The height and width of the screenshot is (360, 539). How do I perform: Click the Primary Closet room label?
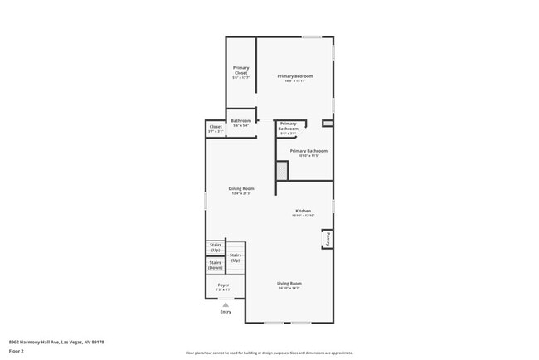(240, 71)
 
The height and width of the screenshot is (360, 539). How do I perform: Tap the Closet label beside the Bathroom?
(216, 127)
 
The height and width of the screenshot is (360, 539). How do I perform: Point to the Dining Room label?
(241, 188)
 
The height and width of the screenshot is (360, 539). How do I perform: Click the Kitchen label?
(303, 211)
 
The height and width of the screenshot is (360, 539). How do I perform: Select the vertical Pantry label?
(328, 238)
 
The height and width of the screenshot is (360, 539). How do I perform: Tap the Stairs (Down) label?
(216, 265)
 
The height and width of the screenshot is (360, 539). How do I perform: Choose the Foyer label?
(224, 285)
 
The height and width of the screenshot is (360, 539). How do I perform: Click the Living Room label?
(289, 283)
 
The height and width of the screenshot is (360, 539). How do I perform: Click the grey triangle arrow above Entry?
(226, 304)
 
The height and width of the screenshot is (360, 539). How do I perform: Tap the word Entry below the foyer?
(226, 312)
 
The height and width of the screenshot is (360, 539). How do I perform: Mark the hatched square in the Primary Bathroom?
(282, 170)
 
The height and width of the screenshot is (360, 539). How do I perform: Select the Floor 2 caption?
(17, 351)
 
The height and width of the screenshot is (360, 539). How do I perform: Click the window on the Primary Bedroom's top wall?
(312, 36)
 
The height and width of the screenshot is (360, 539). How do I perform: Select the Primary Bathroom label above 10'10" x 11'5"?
(308, 150)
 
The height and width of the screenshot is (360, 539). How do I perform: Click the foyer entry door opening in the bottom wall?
(226, 299)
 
